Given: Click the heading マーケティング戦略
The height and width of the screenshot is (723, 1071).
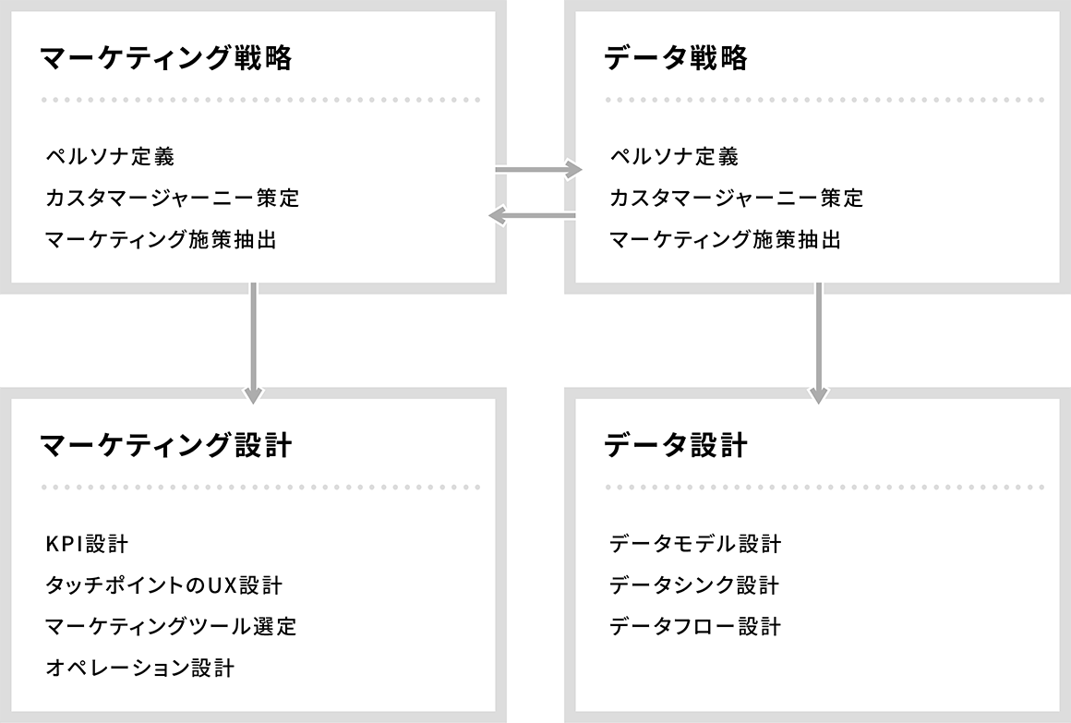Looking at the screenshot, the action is (x=167, y=58).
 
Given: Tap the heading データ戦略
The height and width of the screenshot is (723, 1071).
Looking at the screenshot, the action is (x=676, y=58).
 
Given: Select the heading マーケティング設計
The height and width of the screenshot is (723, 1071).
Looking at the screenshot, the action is (x=167, y=446).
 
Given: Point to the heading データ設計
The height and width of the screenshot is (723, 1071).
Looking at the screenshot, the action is (x=676, y=446).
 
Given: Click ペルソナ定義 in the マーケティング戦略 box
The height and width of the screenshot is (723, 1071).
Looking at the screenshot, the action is (x=111, y=156).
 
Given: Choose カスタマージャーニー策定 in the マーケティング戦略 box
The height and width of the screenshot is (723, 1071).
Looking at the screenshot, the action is (x=173, y=199).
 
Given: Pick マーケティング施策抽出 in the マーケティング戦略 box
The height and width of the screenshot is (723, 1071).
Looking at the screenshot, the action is (x=162, y=240).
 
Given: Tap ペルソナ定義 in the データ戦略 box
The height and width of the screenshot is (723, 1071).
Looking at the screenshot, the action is (x=674, y=156).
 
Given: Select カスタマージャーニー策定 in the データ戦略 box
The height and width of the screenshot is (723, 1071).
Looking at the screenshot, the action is (x=737, y=199).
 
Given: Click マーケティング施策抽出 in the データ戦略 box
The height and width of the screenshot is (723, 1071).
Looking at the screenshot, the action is (x=725, y=240).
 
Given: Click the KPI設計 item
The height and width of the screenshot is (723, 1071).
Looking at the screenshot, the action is (x=87, y=544).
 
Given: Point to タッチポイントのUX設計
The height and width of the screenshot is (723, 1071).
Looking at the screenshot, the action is (x=164, y=585).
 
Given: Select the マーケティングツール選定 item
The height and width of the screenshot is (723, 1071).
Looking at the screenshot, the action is (x=172, y=627).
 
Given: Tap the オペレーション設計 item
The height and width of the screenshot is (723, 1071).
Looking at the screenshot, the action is (x=140, y=668).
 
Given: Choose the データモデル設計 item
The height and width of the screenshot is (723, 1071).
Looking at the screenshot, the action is (x=695, y=544).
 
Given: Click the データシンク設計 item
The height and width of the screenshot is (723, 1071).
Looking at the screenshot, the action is (x=694, y=585).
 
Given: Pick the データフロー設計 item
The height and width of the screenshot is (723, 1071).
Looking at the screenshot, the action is (x=695, y=627).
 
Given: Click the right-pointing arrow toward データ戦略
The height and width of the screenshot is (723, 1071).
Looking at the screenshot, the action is (x=538, y=169).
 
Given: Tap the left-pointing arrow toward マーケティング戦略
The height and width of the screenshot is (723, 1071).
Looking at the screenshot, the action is (x=532, y=216).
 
